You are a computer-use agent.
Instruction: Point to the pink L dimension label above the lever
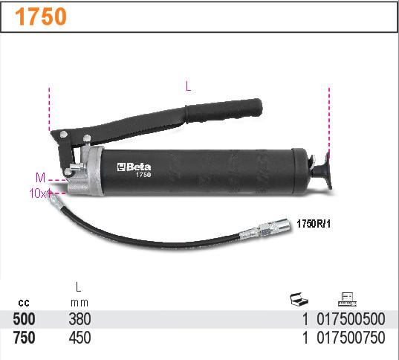188,86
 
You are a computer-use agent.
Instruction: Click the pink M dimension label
40,177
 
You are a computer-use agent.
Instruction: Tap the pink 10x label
38,193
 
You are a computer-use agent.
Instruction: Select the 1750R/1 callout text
313,222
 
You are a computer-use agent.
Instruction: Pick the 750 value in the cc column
24,338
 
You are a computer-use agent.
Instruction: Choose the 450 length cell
80,338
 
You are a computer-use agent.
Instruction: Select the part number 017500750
351,338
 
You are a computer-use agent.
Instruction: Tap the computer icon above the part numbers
346,299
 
